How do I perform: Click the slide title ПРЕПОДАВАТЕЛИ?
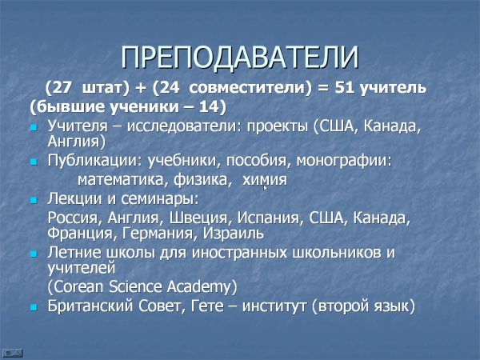click(240, 58)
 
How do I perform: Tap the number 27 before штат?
click(62, 87)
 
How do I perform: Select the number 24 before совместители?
click(169, 87)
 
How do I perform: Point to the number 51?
click(345, 87)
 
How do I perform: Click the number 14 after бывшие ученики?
click(209, 106)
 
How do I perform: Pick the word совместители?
click(247, 88)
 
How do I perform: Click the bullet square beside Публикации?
click(34, 162)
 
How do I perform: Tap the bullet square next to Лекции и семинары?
click(34, 201)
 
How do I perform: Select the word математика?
click(120, 180)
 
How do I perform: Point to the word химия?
click(265, 180)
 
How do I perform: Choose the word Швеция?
click(198, 218)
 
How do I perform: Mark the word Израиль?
click(234, 234)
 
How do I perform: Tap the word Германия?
click(158, 234)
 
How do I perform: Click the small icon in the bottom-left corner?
click(12, 353)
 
